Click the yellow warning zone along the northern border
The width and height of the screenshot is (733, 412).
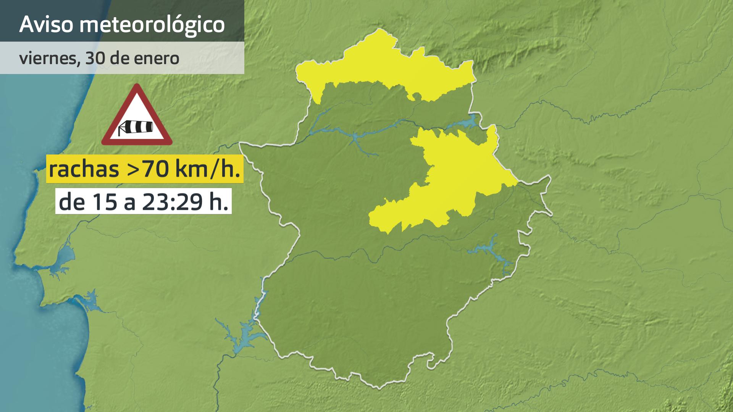[382, 65]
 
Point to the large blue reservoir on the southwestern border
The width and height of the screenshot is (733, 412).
[244, 336]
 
